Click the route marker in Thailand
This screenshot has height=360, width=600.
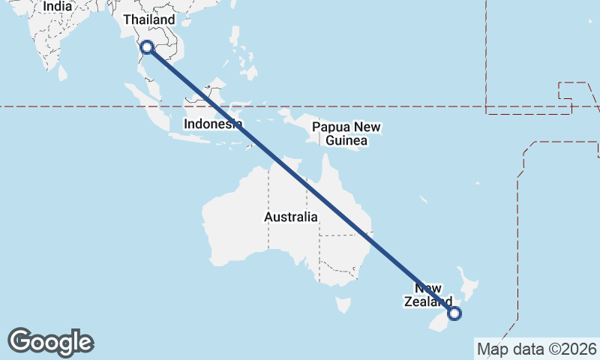pos(147,47)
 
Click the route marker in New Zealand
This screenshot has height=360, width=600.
pos(454,314)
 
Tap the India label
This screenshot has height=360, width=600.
pos(58,6)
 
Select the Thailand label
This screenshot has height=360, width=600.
pos(148,19)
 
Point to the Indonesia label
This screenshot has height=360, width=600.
pos(213,124)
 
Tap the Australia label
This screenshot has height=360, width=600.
pos(290,217)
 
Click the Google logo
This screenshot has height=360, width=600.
pos(50,341)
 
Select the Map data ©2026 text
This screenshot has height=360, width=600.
pos(536,349)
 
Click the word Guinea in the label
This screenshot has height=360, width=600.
pos(346,140)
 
